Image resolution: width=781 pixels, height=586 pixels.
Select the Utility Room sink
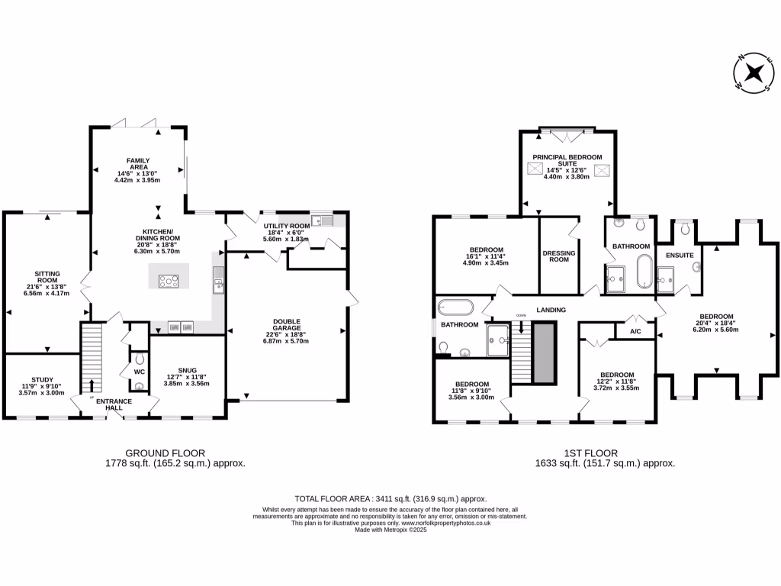(x=326, y=221)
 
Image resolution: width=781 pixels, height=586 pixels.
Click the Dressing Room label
(x=559, y=256)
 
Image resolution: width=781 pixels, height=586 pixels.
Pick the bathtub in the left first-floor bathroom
(x=456, y=307)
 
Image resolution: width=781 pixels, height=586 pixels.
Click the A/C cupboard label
(x=635, y=332)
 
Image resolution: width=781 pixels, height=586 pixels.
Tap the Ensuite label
(x=679, y=255)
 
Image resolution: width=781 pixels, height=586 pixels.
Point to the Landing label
(x=551, y=310)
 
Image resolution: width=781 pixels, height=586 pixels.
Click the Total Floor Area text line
(x=390, y=498)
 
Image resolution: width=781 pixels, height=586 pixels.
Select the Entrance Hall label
(x=114, y=404)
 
